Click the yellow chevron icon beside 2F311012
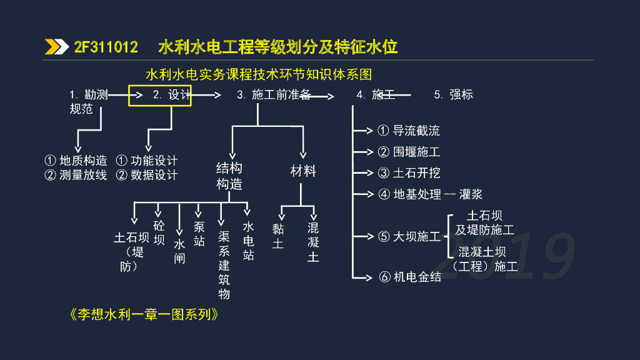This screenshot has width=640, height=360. click(x=56, y=47)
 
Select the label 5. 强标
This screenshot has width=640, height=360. click(x=454, y=95)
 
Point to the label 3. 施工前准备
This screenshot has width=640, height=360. click(x=273, y=95)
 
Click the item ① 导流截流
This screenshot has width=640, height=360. click(x=409, y=131)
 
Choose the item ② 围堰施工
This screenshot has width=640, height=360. click(x=409, y=152)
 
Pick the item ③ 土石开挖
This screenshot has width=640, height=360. click(x=409, y=173)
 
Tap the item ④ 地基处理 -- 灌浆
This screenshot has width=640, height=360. click(x=431, y=194)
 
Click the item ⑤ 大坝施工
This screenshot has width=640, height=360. click(x=409, y=237)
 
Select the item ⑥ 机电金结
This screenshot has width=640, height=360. click(x=409, y=277)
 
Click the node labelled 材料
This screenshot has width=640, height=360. click(x=304, y=171)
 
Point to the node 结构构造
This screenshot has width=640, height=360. click(x=229, y=176)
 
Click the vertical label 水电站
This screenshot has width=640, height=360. click(x=249, y=241)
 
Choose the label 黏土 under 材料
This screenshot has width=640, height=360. click(x=278, y=236)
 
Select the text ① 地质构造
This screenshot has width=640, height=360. click(x=76, y=161)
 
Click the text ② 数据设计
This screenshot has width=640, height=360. click(x=147, y=175)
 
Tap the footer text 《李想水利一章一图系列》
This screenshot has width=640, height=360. click(x=144, y=314)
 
